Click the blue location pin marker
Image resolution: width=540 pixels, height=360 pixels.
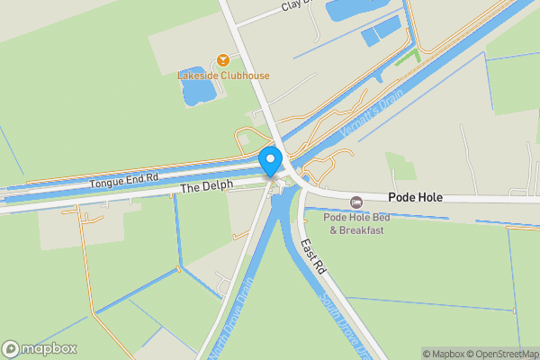271,162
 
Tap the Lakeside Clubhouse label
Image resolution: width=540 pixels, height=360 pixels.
223,76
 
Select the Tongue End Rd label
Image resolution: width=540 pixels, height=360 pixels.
123,181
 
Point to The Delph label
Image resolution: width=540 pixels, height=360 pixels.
206,186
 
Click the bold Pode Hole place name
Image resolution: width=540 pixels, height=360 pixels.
417,197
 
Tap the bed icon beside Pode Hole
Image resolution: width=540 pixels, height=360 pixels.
356,199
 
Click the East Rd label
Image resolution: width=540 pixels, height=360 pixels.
311,256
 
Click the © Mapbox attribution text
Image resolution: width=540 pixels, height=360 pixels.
445,354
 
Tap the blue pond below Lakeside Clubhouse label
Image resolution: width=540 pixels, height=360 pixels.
197,88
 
